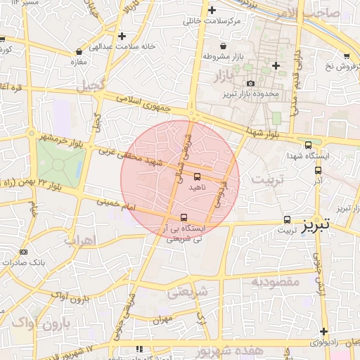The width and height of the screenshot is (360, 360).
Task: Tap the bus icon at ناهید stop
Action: (x=197, y=176)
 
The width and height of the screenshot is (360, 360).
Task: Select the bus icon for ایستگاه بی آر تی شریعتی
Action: (x=184, y=217)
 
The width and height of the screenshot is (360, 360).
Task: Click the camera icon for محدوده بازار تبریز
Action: (x=250, y=84)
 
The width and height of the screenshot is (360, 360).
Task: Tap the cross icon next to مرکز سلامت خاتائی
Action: (x=212, y=11)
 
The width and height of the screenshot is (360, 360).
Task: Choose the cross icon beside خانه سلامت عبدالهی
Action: (x=123, y=36)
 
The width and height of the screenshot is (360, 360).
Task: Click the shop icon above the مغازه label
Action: (x=79, y=51)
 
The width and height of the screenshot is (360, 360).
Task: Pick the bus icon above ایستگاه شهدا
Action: (x=308, y=145)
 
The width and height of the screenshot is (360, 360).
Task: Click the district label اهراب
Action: (x=80, y=240)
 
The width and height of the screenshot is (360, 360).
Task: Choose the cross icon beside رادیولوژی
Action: (x=323, y=331)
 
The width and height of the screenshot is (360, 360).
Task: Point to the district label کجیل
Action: (x=92, y=86)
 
